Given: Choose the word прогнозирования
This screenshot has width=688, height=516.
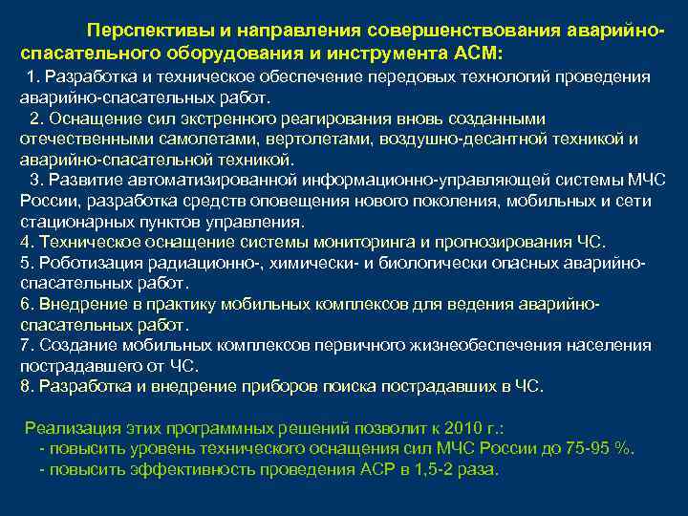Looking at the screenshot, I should click(509, 241).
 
